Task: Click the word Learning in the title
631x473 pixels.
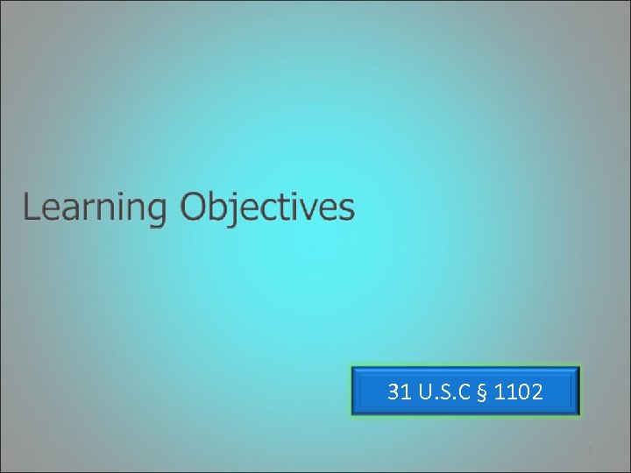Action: (95, 208)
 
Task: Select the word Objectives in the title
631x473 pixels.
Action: (267, 208)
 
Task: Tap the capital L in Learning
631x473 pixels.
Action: (31, 208)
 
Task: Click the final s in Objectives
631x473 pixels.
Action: (347, 210)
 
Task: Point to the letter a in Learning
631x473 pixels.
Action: (69, 210)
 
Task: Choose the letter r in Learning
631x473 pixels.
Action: (86, 210)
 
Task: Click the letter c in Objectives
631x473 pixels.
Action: (273, 210)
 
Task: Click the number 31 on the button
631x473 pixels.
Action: (399, 392)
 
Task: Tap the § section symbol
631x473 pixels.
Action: (483, 392)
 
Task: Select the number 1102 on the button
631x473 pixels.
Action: (518, 392)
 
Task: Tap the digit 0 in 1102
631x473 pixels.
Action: (523, 392)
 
